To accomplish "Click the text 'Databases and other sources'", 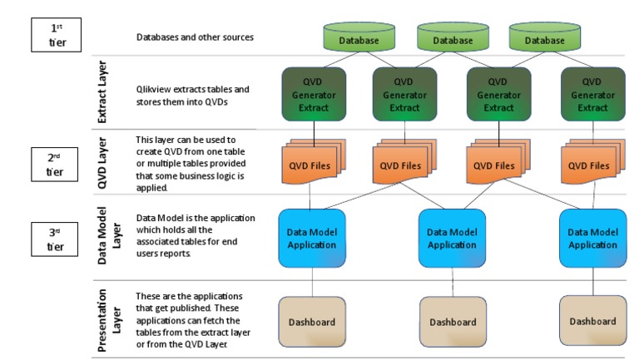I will coord(196,37).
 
